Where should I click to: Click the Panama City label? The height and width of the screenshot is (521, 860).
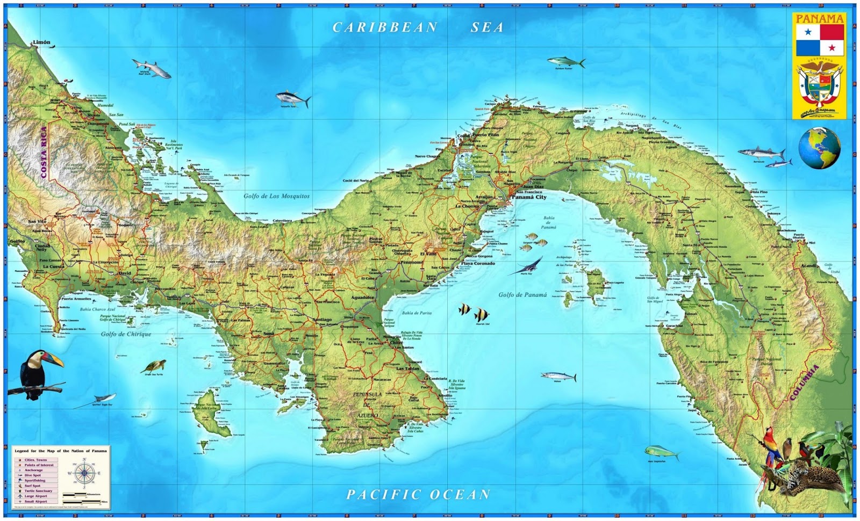[529, 197]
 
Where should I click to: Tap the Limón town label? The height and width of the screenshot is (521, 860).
[41, 42]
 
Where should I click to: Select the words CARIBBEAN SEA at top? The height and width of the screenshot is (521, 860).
[418, 27]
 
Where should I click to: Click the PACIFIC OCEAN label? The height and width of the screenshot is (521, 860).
[418, 494]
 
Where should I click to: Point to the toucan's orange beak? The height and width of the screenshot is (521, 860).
[54, 359]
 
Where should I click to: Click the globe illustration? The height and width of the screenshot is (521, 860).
[819, 148]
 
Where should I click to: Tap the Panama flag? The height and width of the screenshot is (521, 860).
[820, 40]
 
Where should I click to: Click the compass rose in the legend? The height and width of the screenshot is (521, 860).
[84, 473]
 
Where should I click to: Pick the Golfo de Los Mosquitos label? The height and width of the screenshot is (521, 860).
[276, 196]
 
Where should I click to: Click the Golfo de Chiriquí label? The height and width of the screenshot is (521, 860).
[126, 334]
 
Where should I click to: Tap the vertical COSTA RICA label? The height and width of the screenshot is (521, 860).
[44, 153]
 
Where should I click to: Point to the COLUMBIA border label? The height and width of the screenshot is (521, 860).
[804, 382]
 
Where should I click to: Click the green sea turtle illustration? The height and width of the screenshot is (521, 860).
[154, 367]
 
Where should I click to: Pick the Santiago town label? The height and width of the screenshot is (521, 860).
[322, 320]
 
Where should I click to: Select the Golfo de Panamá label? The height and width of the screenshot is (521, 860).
[522, 295]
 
